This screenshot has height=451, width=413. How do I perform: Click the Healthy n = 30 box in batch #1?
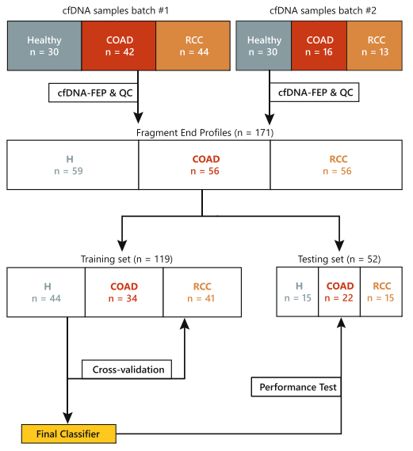[44, 46]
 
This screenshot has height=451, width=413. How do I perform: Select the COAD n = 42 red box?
[118, 46]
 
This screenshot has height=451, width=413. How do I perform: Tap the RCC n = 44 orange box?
[193, 46]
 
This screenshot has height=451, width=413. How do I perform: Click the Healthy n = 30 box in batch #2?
[264, 46]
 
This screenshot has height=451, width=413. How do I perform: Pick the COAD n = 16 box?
[319, 46]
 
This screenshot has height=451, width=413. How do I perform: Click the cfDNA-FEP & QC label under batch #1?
[94, 93]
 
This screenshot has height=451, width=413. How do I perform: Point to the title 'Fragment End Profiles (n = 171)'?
[205, 131]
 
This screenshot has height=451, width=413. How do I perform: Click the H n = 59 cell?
[73, 165]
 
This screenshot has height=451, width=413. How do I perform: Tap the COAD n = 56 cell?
[205, 165]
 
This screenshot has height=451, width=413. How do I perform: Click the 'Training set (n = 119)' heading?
[127, 259]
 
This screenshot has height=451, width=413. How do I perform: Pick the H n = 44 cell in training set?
[45, 293]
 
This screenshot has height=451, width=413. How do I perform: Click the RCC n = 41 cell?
[202, 293]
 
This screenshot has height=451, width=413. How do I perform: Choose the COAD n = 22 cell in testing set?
[339, 293]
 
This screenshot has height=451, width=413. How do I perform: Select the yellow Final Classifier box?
[69, 434]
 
